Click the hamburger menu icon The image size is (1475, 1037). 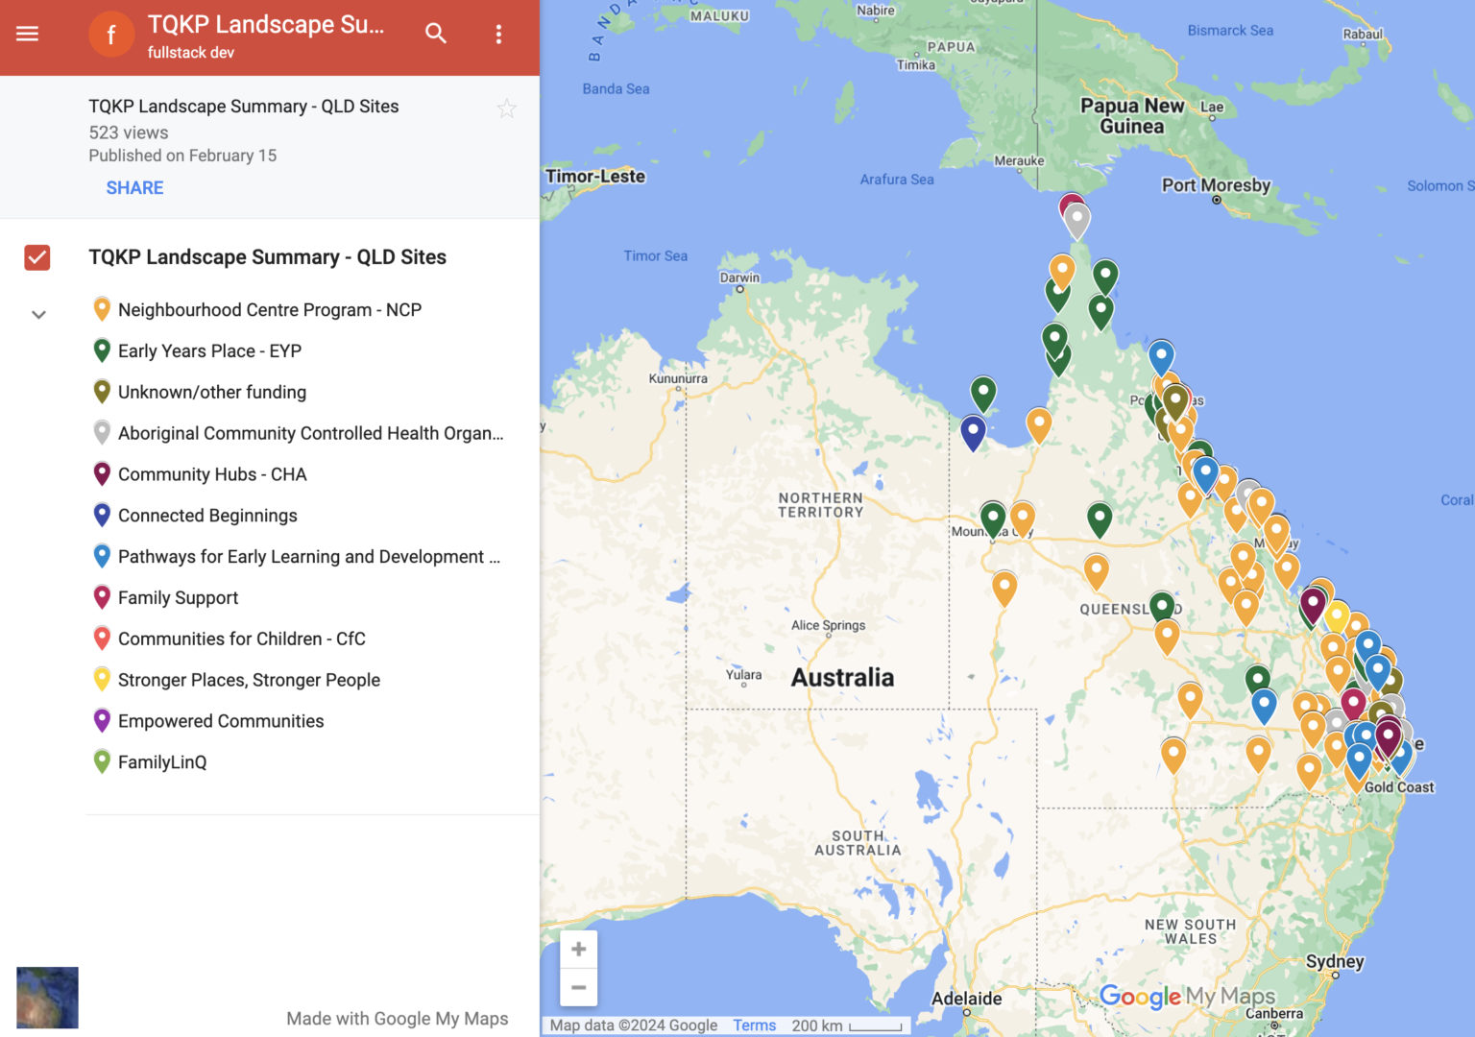pyautogui.click(x=28, y=35)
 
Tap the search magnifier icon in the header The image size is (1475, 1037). pyautogui.click(x=436, y=35)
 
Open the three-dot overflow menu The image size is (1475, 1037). pyautogui.click(x=498, y=35)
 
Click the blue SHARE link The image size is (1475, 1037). pyautogui.click(x=134, y=188)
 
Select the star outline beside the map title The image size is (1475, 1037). pyautogui.click(x=507, y=109)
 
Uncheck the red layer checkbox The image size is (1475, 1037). pyautogui.click(x=37, y=257)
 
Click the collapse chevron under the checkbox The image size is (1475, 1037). pyautogui.click(x=38, y=315)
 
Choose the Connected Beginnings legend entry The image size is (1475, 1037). pyautogui.click(x=207, y=516)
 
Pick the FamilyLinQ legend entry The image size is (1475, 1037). pyautogui.click(x=161, y=762)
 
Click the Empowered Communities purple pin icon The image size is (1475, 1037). pyautogui.click(x=102, y=720)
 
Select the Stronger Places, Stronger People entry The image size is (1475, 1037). pyautogui.click(x=249, y=680)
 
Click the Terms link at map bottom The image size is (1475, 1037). pyautogui.click(x=754, y=1025)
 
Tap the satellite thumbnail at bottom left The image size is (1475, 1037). pyautogui.click(x=47, y=998)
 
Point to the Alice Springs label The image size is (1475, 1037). pyautogui.click(x=828, y=625)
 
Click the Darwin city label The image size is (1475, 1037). pyautogui.click(x=739, y=277)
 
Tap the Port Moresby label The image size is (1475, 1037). pyautogui.click(x=1216, y=185)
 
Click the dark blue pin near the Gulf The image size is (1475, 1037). pyautogui.click(x=973, y=431)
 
